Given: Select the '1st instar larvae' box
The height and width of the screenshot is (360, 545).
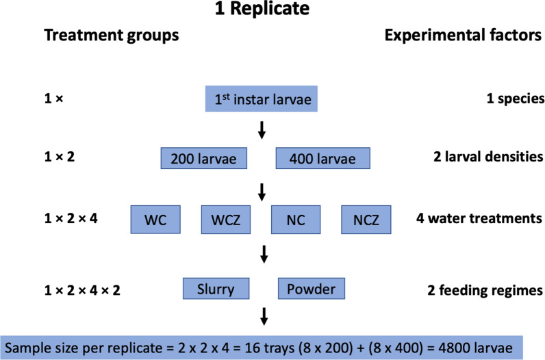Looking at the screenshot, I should [x=262, y=99].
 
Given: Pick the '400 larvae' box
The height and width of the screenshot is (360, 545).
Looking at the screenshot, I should [x=322, y=159].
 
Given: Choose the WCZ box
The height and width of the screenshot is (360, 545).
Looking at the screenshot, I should [x=227, y=220].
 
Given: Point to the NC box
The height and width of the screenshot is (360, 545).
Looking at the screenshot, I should [x=296, y=220].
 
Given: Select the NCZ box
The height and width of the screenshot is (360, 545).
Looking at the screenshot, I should [x=366, y=220].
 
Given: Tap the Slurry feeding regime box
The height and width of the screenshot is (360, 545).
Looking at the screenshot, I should [x=216, y=289].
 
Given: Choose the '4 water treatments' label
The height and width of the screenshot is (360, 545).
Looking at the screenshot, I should [x=480, y=220].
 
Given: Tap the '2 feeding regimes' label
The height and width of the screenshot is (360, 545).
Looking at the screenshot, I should [x=486, y=290].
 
